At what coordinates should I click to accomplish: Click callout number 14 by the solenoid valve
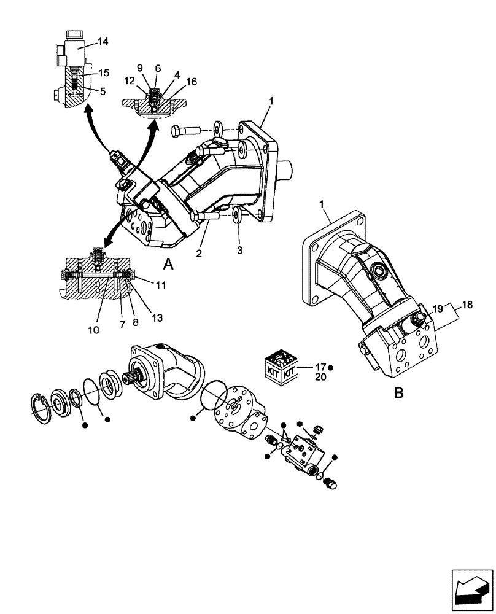(103, 42)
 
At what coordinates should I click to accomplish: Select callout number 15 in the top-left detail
(103, 72)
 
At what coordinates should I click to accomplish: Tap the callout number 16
(192, 82)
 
